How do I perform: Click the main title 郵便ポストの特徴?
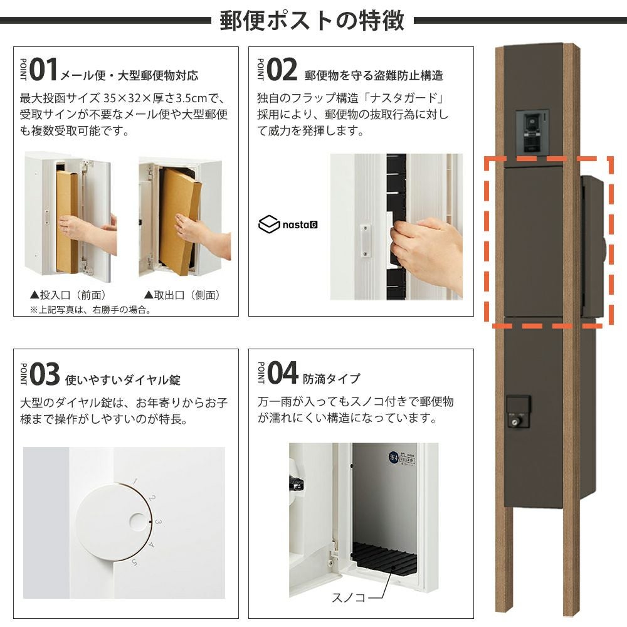pos(312,21)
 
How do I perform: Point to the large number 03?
pos(45,374)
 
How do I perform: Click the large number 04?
pos(283,372)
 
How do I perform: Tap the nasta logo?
pos(288,224)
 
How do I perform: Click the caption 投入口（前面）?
pos(68,295)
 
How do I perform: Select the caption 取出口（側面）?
pos(182,295)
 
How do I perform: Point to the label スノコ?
pos(349,598)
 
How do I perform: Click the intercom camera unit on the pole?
pos(532,132)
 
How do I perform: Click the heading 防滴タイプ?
pos(332,378)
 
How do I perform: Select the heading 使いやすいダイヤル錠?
pos(123,379)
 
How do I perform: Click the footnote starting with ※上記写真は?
pos(91,310)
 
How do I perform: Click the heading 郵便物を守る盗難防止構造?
pos(374,75)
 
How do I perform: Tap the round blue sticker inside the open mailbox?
pos(394,456)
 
